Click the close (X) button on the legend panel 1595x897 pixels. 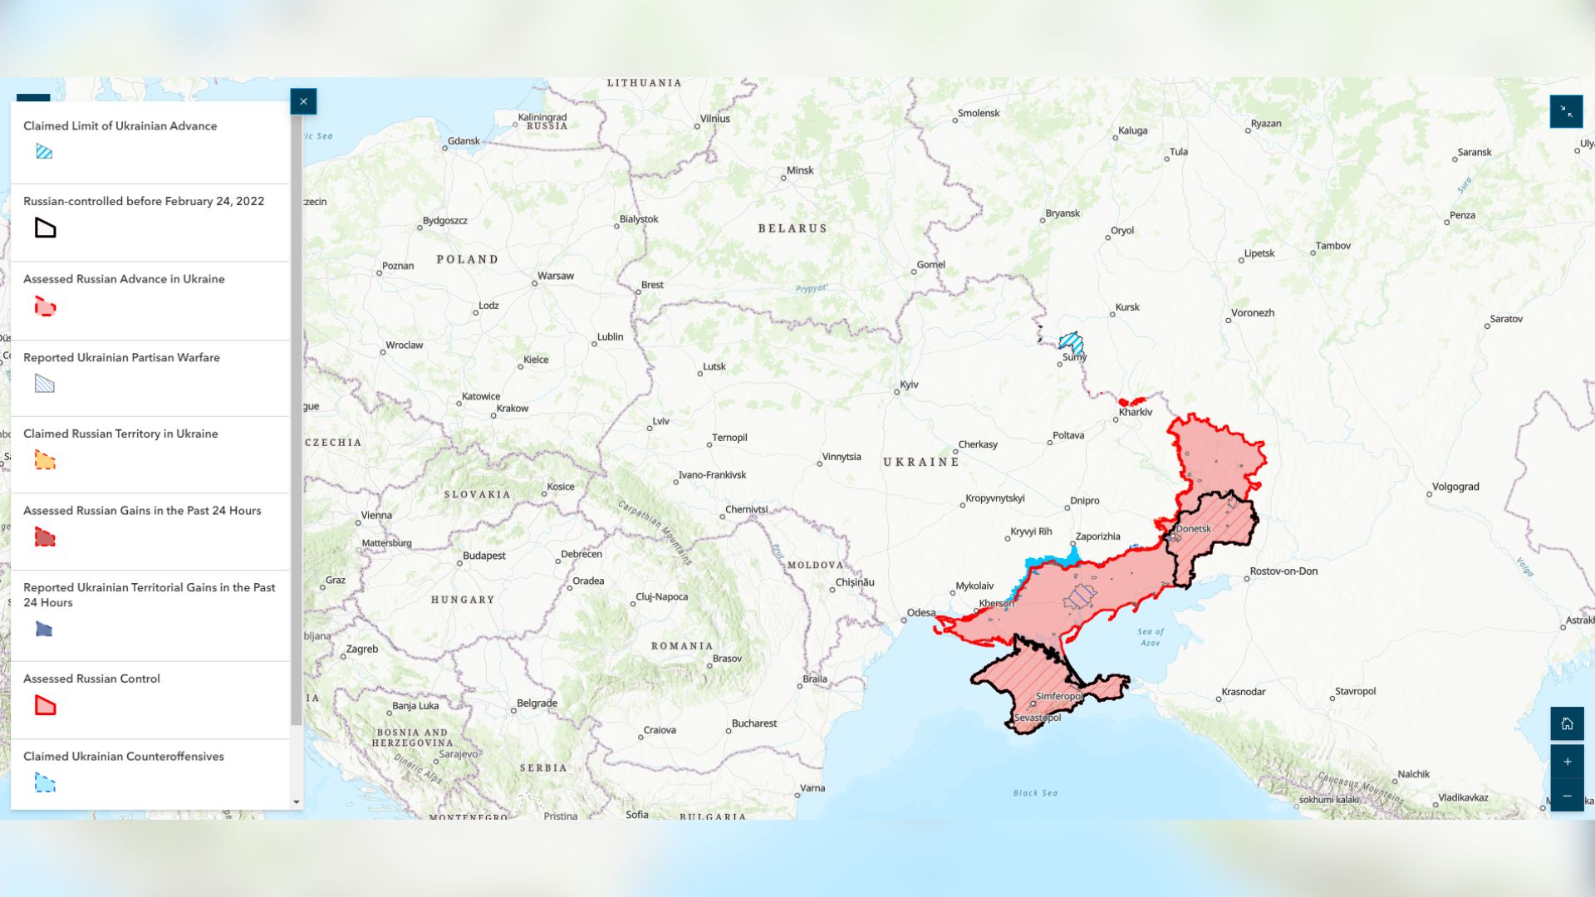tap(303, 101)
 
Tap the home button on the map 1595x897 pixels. tap(1567, 723)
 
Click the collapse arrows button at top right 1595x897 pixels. tap(1566, 111)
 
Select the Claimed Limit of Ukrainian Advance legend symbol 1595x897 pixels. tap(45, 151)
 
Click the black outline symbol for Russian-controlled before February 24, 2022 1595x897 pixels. tap(45, 228)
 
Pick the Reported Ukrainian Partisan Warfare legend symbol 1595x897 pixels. tap(45, 384)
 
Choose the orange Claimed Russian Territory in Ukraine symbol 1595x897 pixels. tap(45, 460)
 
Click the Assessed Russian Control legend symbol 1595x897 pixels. tap(45, 706)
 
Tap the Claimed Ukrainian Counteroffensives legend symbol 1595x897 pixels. tap(45, 783)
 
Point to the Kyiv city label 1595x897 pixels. tap(909, 385)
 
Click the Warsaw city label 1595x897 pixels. tap(555, 276)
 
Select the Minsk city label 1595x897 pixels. tap(800, 170)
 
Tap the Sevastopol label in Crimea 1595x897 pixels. tap(1038, 718)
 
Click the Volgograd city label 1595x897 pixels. tap(1455, 487)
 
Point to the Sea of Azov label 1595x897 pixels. tap(1151, 637)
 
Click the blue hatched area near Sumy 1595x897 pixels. tap(1071, 342)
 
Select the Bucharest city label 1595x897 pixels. tap(753, 723)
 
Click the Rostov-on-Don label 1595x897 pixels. tap(1283, 571)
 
